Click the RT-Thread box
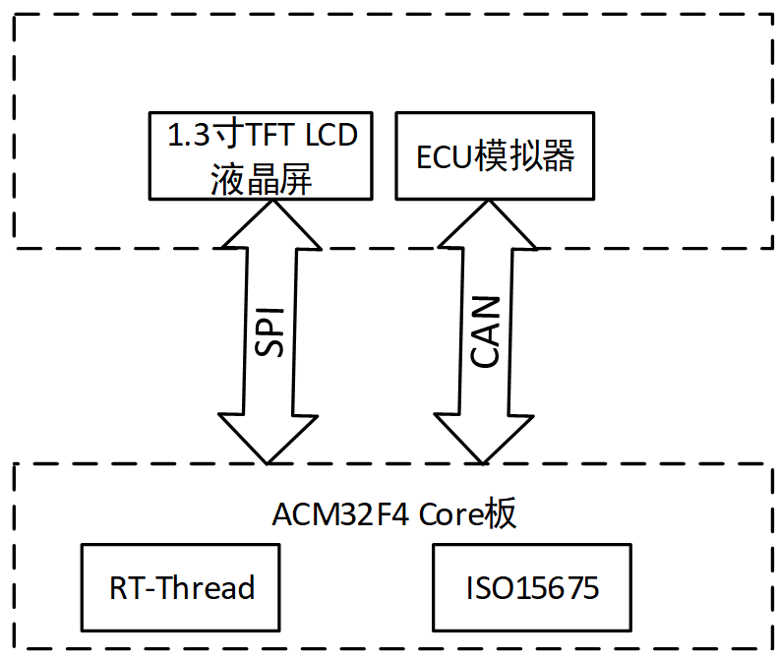tap(181, 587)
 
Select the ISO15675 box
tap(532, 587)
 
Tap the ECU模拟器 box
tap(495, 155)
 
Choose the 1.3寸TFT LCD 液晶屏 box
tap(260, 155)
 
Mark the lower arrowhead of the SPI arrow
tap(267, 440)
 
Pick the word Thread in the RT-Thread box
tap(210, 588)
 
